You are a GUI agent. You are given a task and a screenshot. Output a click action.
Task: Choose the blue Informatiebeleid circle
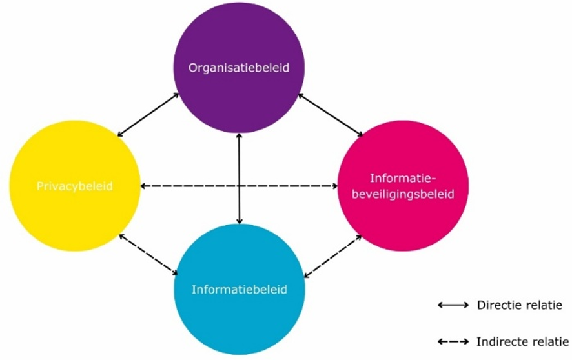pos(240,316)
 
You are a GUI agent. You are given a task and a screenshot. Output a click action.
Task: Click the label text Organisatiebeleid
pos(240,66)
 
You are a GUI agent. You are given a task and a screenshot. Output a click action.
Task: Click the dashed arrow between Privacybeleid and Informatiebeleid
pos(149,254)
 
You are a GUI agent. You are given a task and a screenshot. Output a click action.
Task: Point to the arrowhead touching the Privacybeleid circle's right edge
pos(144,186)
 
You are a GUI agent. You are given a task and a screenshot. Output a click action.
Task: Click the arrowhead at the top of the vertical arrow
pos(240,137)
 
